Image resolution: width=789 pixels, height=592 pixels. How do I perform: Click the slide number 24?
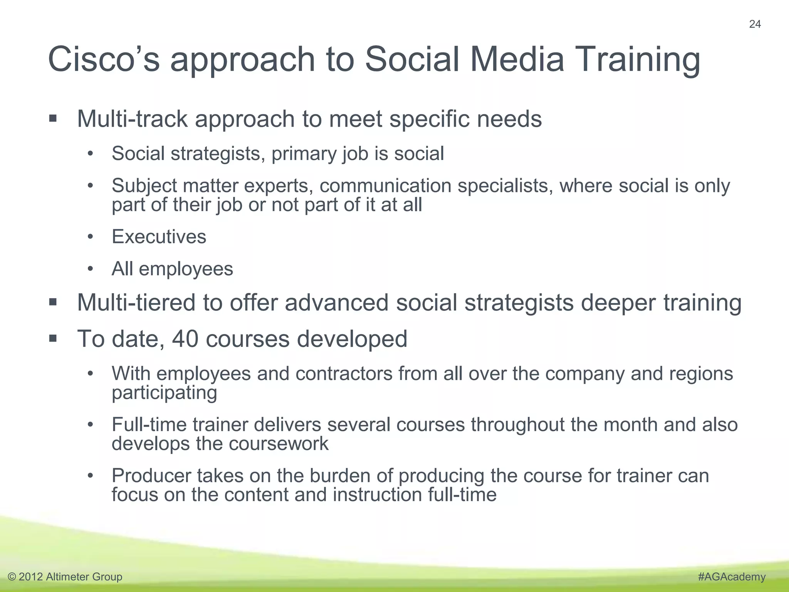pyautogui.click(x=755, y=24)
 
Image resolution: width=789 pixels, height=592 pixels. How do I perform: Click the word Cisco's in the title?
pyautogui.click(x=103, y=59)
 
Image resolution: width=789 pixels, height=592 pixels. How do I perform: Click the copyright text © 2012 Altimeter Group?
pyautogui.click(x=65, y=577)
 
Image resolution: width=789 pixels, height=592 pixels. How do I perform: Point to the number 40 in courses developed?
pyautogui.click(x=185, y=339)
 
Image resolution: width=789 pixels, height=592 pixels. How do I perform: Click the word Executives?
pyautogui.click(x=159, y=237)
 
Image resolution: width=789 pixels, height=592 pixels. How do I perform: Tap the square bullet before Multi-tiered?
pyautogui.click(x=53, y=302)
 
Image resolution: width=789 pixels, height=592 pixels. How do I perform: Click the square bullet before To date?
pyautogui.click(x=53, y=339)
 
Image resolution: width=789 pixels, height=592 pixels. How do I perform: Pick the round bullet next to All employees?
pyautogui.click(x=90, y=269)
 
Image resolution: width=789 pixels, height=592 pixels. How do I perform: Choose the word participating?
pyautogui.click(x=164, y=394)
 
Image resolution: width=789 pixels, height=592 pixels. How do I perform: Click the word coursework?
pyautogui.click(x=279, y=444)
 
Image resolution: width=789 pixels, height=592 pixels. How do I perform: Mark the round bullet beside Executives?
pyautogui.click(x=90, y=237)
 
